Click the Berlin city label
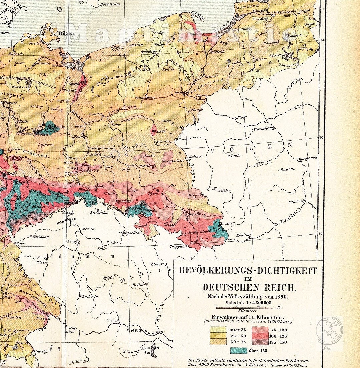(60, 127)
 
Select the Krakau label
(244, 235)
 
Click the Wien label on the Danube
(132, 330)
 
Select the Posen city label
(161, 131)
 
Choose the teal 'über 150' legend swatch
(239, 350)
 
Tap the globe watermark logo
(330, 330)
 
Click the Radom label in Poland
(287, 169)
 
